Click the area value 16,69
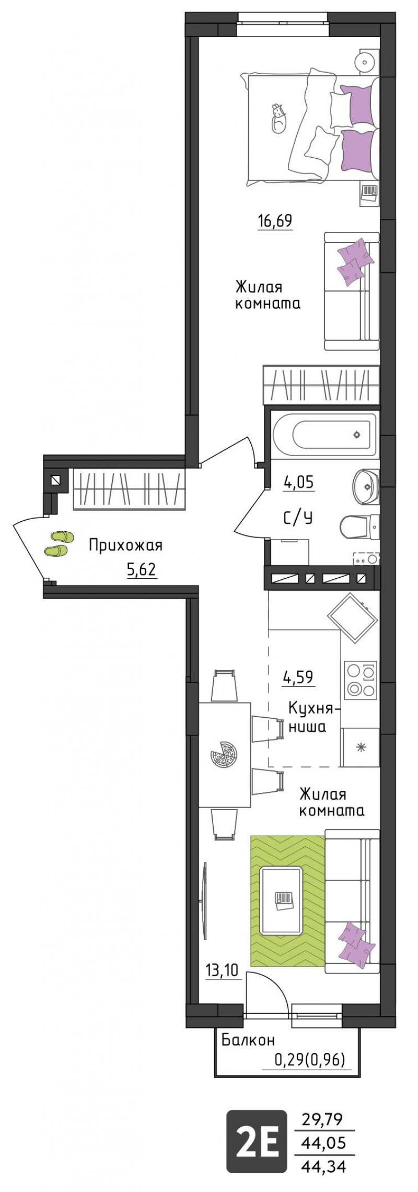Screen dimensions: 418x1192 [x=274, y=221]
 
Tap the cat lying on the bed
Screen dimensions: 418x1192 [x=278, y=119]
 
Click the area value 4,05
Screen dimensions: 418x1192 [x=298, y=482]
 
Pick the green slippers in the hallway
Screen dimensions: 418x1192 [x=59, y=543]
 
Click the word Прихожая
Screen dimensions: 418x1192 [x=125, y=546]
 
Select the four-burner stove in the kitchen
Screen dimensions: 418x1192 [x=361, y=679]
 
